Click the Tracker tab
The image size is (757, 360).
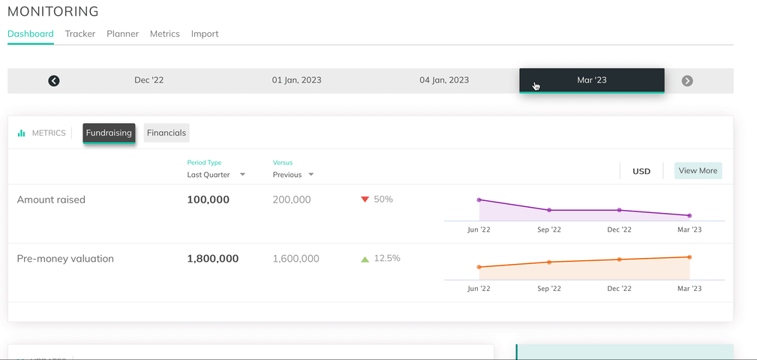tap(80, 34)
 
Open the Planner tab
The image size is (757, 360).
tap(122, 34)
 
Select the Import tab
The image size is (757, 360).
tap(205, 34)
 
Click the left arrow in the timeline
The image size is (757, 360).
tap(54, 81)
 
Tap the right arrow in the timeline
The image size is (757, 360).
tap(687, 81)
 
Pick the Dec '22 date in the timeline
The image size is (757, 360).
tap(149, 80)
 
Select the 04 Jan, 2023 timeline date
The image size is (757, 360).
tap(444, 80)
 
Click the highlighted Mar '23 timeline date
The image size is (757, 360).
tap(592, 80)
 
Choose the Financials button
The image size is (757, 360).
tap(167, 133)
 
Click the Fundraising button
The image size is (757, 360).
tap(109, 133)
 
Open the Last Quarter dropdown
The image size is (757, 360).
tap(216, 175)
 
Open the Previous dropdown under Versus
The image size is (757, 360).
tap(293, 175)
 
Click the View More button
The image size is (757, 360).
tap(698, 171)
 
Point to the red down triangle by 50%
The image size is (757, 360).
tap(365, 199)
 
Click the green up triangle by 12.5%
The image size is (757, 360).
tap(365, 259)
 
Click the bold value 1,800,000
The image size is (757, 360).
tap(213, 259)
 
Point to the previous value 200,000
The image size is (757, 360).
tap(292, 199)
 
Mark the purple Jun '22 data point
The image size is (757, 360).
tap(479, 200)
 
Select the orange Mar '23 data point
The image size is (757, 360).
tap(689, 257)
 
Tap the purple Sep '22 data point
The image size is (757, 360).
tap(549, 210)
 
